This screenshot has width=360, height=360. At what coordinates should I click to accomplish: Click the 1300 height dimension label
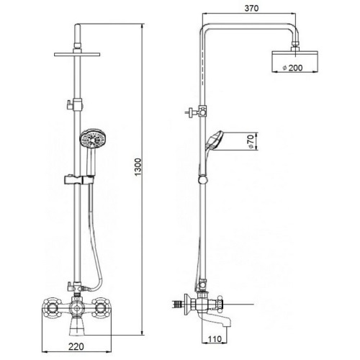[138, 167]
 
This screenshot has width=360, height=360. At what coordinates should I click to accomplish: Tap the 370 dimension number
[251, 9]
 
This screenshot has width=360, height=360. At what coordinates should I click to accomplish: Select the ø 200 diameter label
[293, 68]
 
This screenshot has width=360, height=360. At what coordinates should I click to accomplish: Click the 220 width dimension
[76, 346]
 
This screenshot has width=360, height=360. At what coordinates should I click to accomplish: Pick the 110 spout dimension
[215, 339]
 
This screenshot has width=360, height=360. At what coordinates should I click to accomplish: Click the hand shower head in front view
[92, 139]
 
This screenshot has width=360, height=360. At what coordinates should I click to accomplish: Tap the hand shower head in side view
[215, 140]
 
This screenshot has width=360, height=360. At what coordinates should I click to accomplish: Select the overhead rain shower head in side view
[295, 61]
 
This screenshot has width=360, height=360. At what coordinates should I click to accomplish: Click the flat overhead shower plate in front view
[77, 55]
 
